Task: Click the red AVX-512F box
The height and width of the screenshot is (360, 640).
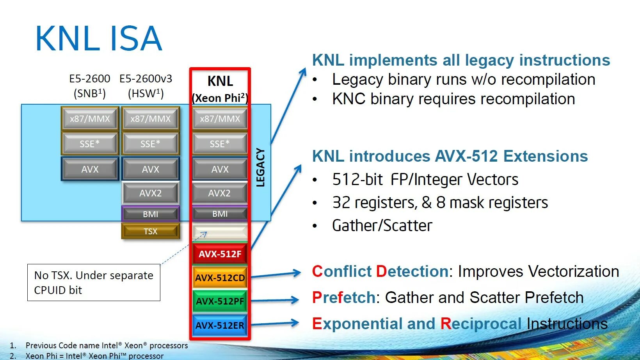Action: click(x=220, y=254)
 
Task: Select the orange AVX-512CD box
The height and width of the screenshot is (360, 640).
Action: click(x=220, y=278)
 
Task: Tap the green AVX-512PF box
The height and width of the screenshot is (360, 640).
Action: click(x=220, y=301)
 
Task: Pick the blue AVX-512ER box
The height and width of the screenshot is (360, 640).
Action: click(x=220, y=325)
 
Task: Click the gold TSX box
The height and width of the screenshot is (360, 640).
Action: click(x=150, y=231)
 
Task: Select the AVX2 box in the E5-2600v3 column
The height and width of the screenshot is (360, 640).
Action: click(x=150, y=193)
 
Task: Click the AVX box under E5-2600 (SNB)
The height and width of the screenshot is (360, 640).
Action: click(x=90, y=169)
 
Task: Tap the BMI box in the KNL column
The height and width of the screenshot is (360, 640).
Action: click(x=220, y=214)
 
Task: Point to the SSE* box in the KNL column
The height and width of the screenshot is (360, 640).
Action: click(x=220, y=144)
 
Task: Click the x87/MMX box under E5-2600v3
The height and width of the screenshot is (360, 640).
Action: click(x=150, y=119)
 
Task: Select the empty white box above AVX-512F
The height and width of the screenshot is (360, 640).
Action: click(x=220, y=232)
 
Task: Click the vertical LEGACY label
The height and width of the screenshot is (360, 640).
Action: click(x=260, y=167)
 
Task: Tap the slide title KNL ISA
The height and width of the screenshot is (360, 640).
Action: click(x=98, y=38)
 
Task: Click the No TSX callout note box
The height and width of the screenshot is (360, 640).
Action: click(x=94, y=282)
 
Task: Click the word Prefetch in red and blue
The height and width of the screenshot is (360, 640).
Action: click(x=343, y=298)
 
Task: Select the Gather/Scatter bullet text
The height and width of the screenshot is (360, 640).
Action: click(x=382, y=226)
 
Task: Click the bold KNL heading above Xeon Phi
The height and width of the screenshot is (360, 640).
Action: click(x=220, y=81)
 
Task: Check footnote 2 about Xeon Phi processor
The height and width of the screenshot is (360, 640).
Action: click(x=94, y=356)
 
